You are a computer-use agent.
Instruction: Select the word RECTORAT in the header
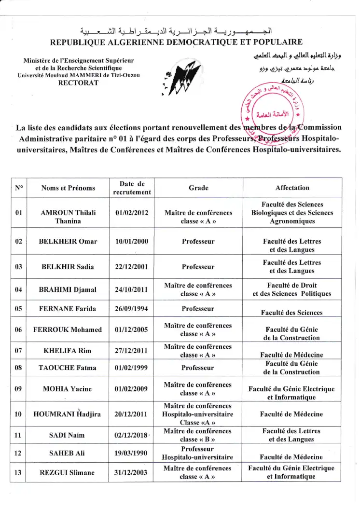tap(78, 82)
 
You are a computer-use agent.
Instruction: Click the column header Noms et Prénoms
tap(68, 188)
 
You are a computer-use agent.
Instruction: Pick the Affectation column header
tap(292, 188)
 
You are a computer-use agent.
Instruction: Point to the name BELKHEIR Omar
tap(68, 241)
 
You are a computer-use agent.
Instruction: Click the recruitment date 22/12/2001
tap(132, 267)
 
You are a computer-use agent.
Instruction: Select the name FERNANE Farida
tap(68, 309)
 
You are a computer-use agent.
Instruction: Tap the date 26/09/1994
tap(132, 309)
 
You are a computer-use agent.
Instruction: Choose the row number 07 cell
tap(19, 350)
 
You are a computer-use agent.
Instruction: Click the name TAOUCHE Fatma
tap(68, 368)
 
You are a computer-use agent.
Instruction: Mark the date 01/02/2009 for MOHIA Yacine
tap(132, 389)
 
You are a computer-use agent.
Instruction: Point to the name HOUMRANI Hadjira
tap(68, 414)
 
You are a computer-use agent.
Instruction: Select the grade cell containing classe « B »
tap(198, 435)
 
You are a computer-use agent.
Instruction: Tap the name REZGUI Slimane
tap(68, 472)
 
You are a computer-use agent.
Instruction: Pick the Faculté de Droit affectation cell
tap(292, 289)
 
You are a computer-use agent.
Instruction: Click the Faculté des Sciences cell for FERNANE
tap(292, 312)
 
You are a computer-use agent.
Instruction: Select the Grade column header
tap(198, 188)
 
